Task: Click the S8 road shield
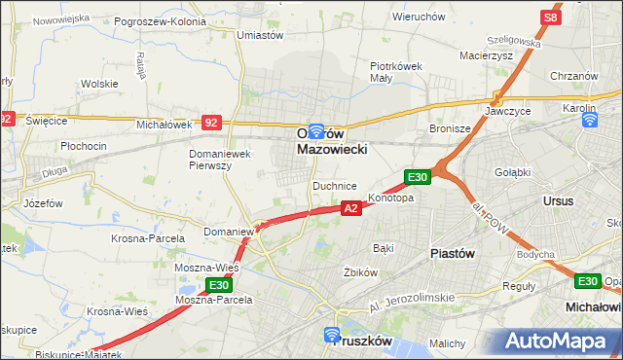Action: (551, 18)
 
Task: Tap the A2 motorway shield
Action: (352, 207)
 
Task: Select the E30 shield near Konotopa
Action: (417, 176)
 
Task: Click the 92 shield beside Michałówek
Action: (212, 123)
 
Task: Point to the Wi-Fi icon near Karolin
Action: (589, 120)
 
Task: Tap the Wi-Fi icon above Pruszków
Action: (334, 337)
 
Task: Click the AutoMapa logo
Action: (561, 342)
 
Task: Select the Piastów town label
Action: (452, 252)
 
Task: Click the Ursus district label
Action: (561, 199)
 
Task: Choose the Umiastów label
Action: (260, 35)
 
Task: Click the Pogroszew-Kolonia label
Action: (160, 20)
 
